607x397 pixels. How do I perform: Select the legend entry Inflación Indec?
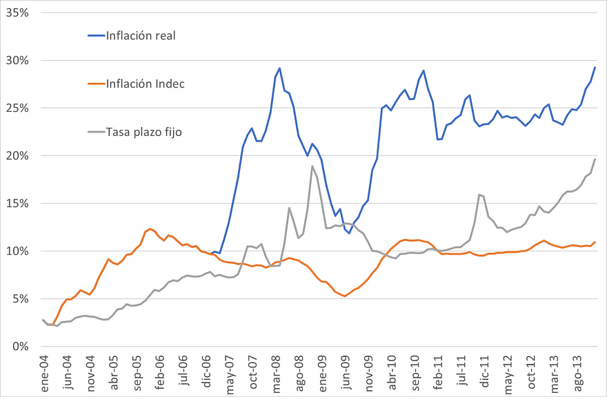point(145,84)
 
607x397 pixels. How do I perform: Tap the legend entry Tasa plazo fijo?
point(143,131)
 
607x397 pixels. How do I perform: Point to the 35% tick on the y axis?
point(17,12)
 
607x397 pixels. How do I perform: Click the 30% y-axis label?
point(17,60)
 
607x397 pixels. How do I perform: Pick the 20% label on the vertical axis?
point(17,155)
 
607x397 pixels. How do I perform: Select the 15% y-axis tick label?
point(17,203)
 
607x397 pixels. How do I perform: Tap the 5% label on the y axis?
point(19,298)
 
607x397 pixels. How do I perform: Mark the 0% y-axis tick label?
point(19,346)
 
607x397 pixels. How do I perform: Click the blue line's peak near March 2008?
point(279,68)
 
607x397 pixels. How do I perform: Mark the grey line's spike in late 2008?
point(312,166)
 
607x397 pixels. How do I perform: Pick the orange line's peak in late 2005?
point(150,229)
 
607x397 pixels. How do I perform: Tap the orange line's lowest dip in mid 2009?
point(344,296)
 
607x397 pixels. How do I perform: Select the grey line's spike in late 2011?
point(479,195)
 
